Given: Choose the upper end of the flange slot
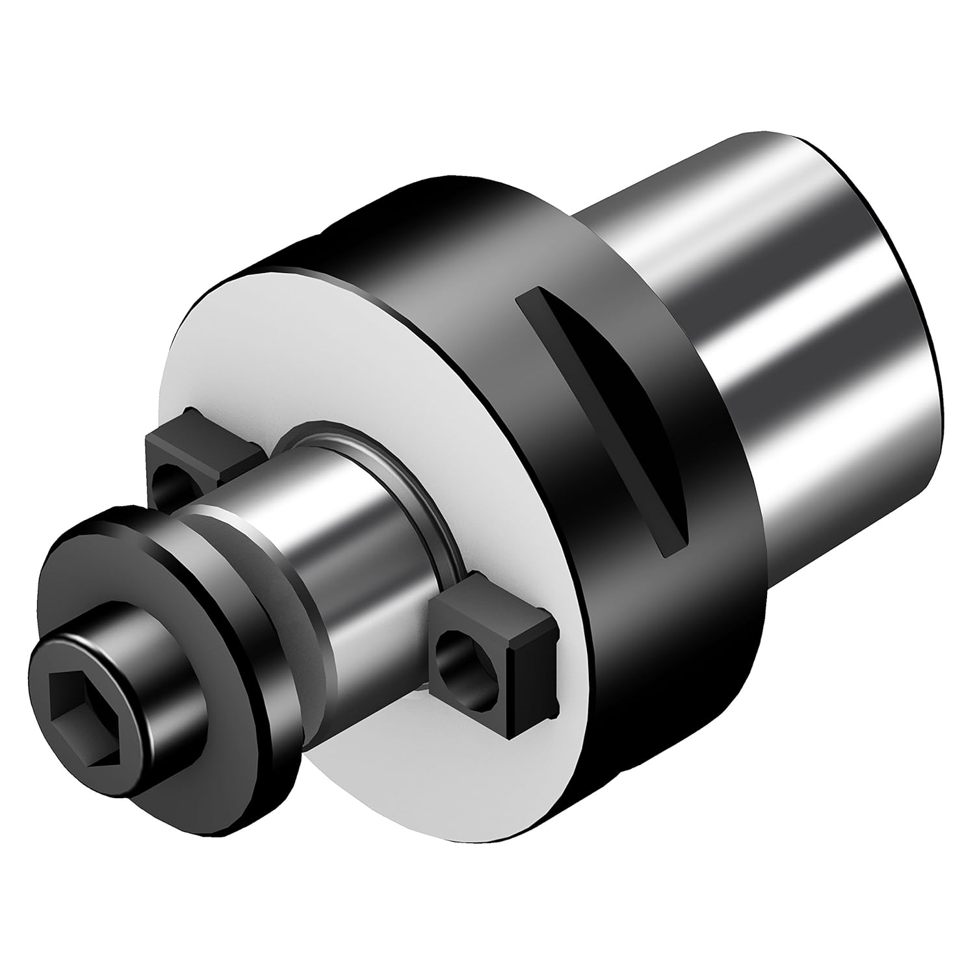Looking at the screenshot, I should pyautogui.click(x=530, y=296).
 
